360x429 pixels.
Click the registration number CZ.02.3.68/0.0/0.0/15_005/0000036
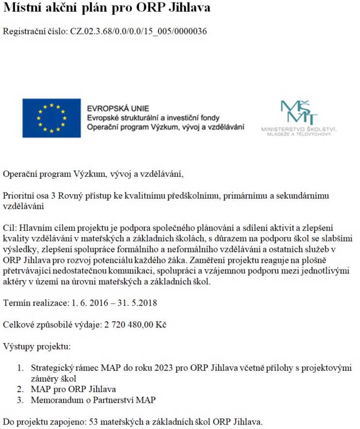click(x=139, y=32)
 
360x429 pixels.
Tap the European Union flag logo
click(x=51, y=118)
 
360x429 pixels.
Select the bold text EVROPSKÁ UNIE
click(x=118, y=108)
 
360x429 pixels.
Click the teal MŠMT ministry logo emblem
click(x=299, y=112)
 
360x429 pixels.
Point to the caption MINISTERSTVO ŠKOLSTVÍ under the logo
click(x=299, y=129)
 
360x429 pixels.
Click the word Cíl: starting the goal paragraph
click(x=10, y=228)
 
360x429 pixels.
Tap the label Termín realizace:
click(x=35, y=303)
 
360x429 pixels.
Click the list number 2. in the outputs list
click(x=20, y=390)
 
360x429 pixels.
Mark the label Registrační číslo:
click(x=35, y=32)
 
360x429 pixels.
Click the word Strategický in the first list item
click(x=52, y=368)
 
